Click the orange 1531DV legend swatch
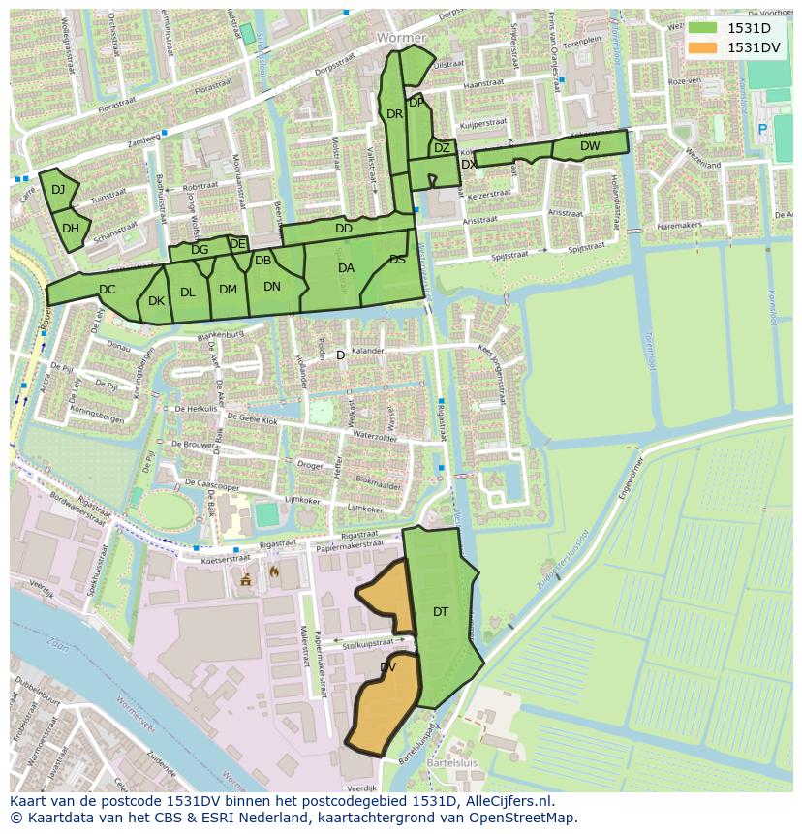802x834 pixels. [704, 47]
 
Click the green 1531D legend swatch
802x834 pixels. [704, 28]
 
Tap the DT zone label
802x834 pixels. [441, 611]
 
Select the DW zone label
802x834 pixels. [590, 146]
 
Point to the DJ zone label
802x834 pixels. [58, 189]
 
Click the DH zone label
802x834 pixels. [70, 229]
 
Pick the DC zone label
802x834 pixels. [107, 289]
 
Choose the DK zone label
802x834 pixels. [156, 301]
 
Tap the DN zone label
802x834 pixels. [272, 286]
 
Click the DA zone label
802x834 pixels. [346, 268]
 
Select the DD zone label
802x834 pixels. [343, 229]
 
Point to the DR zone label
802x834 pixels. [394, 114]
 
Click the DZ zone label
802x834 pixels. [442, 148]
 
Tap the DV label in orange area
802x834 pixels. [388, 667]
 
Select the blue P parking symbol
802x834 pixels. [762, 129]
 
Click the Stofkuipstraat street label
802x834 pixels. [368, 642]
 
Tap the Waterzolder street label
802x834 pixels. [376, 437]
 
